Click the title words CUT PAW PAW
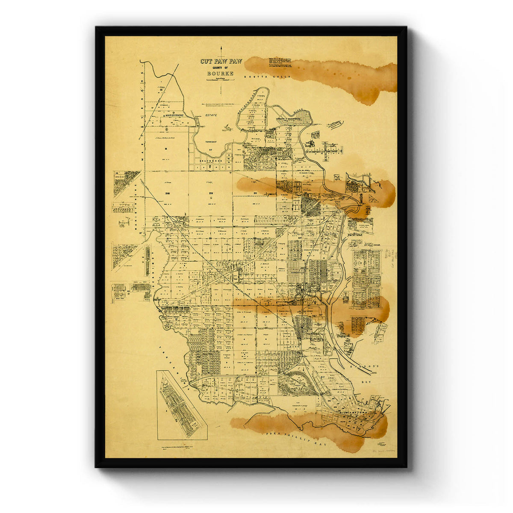tap(221, 61)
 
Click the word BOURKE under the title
tap(220, 74)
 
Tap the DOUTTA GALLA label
tap(267, 77)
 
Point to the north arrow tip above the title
tap(221, 47)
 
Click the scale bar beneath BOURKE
tap(220, 80)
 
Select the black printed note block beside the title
tap(280, 62)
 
